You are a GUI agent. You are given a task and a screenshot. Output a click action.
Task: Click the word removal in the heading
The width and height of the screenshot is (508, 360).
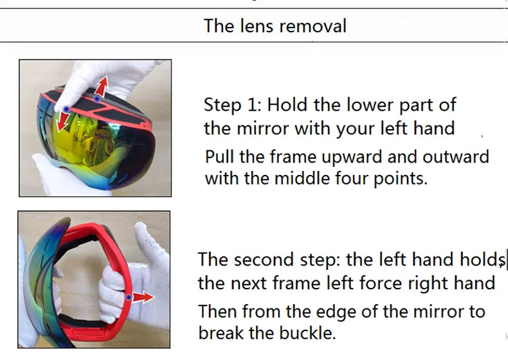tap(314, 26)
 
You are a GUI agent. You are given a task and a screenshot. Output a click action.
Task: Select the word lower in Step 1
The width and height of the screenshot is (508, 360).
tap(370, 105)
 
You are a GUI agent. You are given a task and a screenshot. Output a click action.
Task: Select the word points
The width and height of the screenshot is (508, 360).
tap(401, 178)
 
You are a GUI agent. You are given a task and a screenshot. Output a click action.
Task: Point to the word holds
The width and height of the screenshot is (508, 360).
tap(479, 260)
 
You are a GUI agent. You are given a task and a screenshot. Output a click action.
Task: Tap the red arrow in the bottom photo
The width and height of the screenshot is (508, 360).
tap(143, 297)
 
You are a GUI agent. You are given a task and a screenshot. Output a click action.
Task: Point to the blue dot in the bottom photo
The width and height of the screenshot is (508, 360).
tap(129, 297)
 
